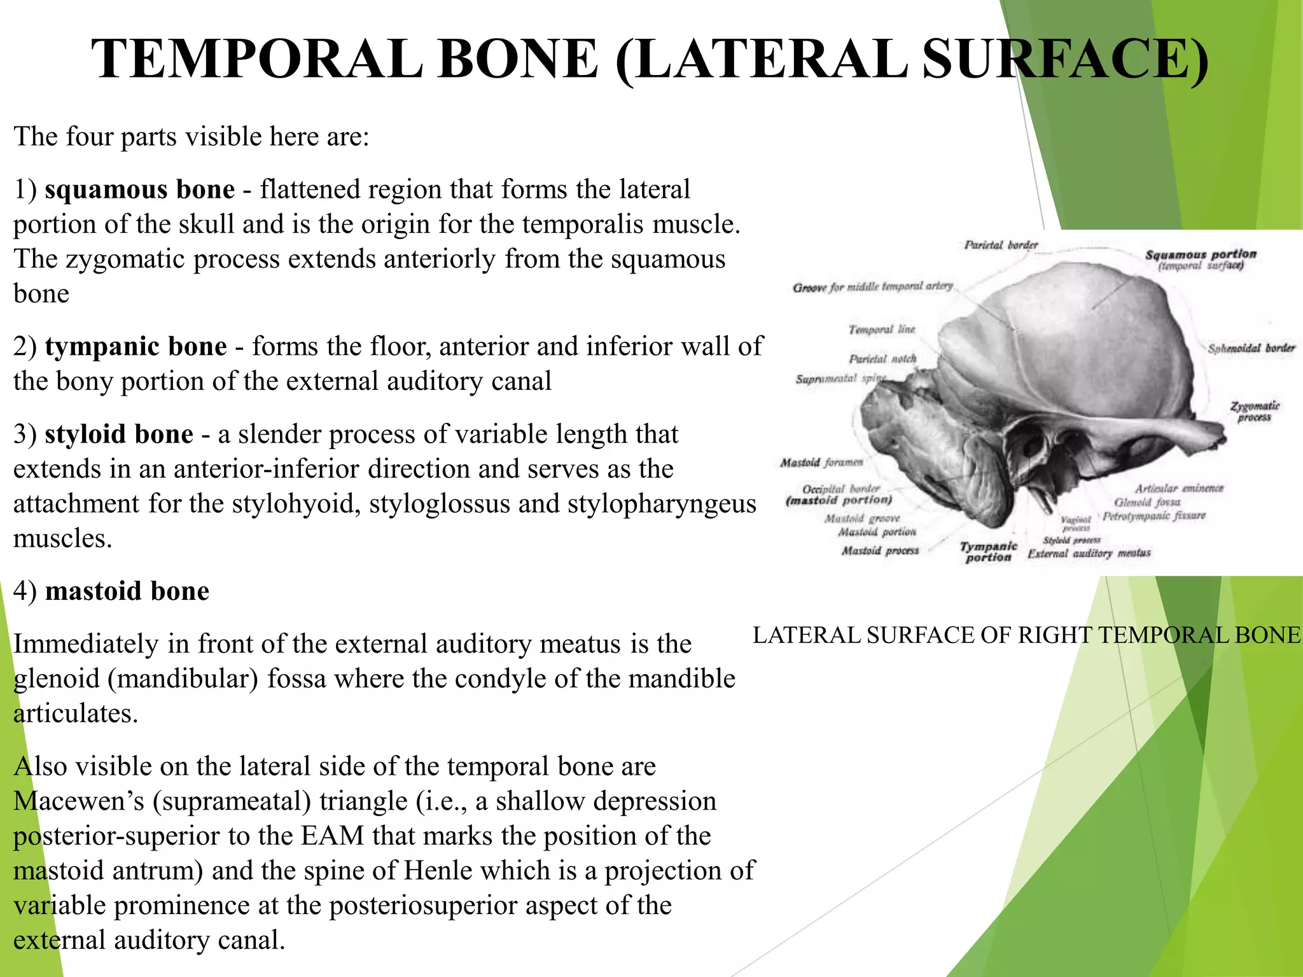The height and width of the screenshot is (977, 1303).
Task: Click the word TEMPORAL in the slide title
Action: pyautogui.click(x=257, y=59)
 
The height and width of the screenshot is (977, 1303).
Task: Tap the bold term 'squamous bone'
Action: pyautogui.click(x=139, y=190)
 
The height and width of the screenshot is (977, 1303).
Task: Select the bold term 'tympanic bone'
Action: pyautogui.click(x=136, y=347)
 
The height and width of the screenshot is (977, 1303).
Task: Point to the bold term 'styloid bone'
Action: pyautogui.click(x=119, y=434)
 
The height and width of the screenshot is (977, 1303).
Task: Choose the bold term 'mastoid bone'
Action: pyautogui.click(x=127, y=592)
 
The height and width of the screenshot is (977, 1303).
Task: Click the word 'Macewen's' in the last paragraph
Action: pyautogui.click(x=79, y=801)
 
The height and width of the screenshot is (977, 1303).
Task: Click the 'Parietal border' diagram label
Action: pyautogui.click(x=1001, y=245)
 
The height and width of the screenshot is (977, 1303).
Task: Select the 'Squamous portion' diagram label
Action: pyautogui.click(x=1201, y=254)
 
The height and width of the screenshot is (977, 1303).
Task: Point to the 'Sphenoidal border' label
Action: pyautogui.click(x=1251, y=349)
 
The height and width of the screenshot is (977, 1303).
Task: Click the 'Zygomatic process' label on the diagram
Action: pyautogui.click(x=1255, y=411)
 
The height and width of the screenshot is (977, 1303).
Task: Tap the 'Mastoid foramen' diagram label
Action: pyautogui.click(x=821, y=462)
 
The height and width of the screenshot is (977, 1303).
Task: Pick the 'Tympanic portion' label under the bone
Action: pyautogui.click(x=988, y=551)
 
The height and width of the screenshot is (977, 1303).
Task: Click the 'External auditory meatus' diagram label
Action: pyautogui.click(x=1089, y=553)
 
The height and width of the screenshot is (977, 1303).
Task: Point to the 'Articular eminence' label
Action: pyautogui.click(x=1179, y=488)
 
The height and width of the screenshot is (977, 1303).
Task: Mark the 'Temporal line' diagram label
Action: pyautogui.click(x=882, y=329)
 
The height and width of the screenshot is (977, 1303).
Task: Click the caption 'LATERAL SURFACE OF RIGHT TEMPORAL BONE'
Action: pyautogui.click(x=1026, y=635)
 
